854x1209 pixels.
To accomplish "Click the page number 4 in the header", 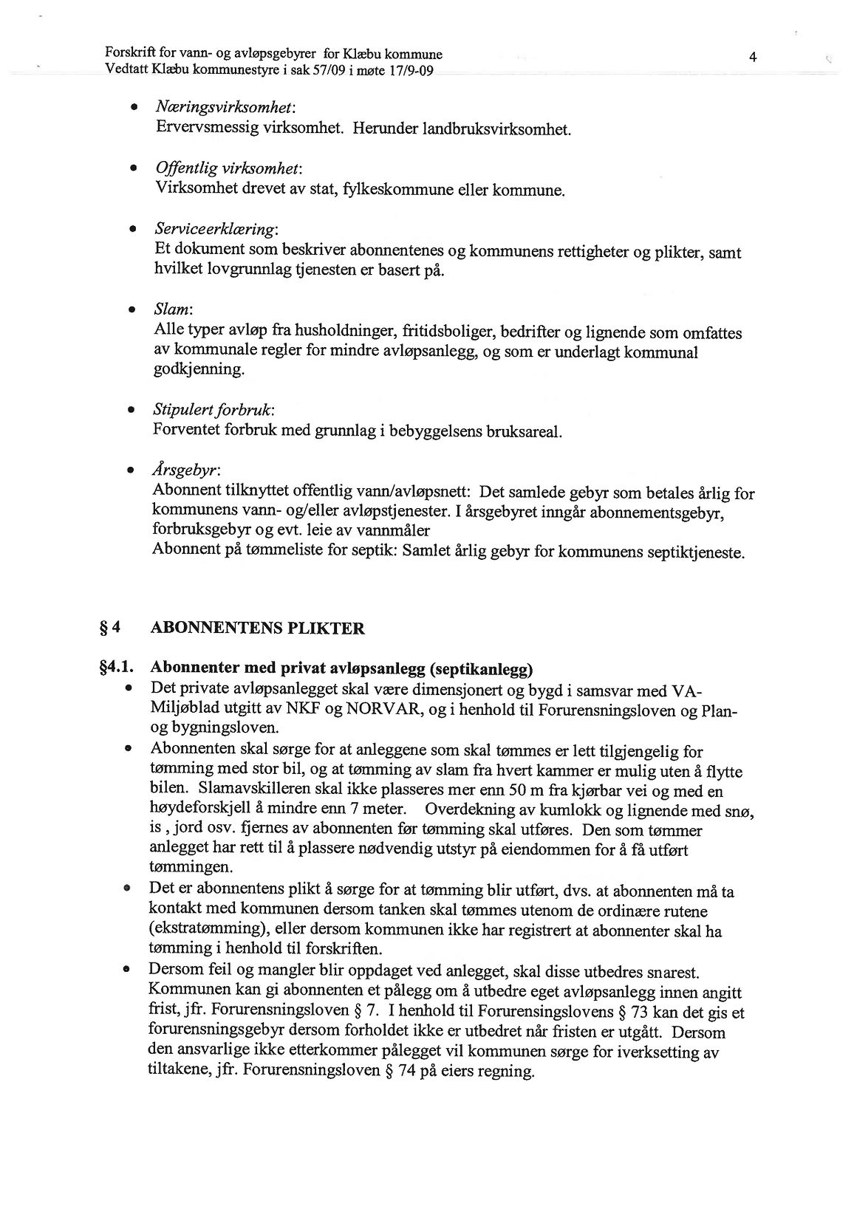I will (752, 57).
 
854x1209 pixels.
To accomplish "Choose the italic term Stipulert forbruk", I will (214, 410).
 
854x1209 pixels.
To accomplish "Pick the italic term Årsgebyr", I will (186, 470).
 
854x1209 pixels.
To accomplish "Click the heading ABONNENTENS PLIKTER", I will (258, 629).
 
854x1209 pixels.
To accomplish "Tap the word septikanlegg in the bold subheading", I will (480, 670).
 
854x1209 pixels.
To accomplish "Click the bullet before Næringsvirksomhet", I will (134, 109).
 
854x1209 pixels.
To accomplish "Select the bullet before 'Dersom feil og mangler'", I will (128, 970).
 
